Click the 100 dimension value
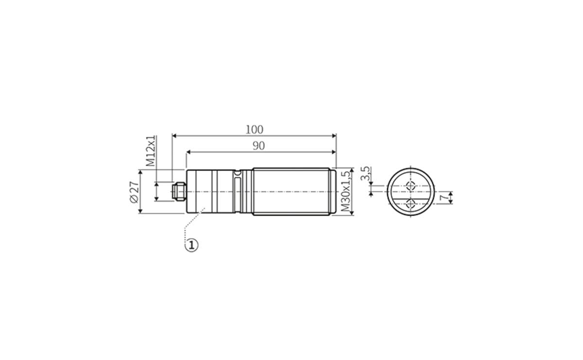254,130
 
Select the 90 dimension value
258,146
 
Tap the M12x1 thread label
152,151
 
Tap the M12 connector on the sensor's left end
178,191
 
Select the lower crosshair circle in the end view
410,205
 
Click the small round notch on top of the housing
237,172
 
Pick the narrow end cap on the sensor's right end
333,191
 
